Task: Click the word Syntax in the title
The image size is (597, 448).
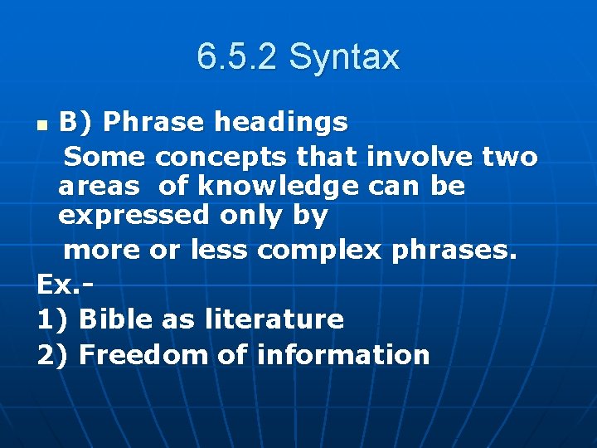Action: pos(344,57)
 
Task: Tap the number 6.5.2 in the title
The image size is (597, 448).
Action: pos(237,57)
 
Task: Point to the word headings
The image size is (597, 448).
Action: pos(281,123)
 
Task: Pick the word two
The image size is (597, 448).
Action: pos(507,156)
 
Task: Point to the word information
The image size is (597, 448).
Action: pos(343,355)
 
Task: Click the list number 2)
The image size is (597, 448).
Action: pos(54,355)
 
